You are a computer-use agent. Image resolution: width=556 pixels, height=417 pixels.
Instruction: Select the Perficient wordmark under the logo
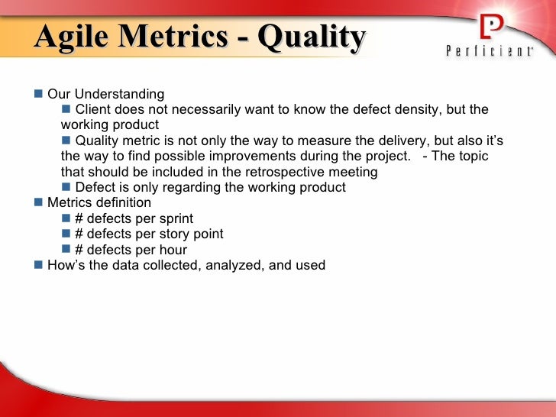(x=490, y=52)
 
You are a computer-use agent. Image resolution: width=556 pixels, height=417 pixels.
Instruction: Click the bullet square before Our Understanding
(x=39, y=94)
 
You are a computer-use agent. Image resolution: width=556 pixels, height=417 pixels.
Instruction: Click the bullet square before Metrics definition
(x=39, y=202)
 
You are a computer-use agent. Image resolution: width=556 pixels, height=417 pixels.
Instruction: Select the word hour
(x=172, y=250)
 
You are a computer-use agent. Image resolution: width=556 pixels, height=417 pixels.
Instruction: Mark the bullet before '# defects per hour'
(x=66, y=250)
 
